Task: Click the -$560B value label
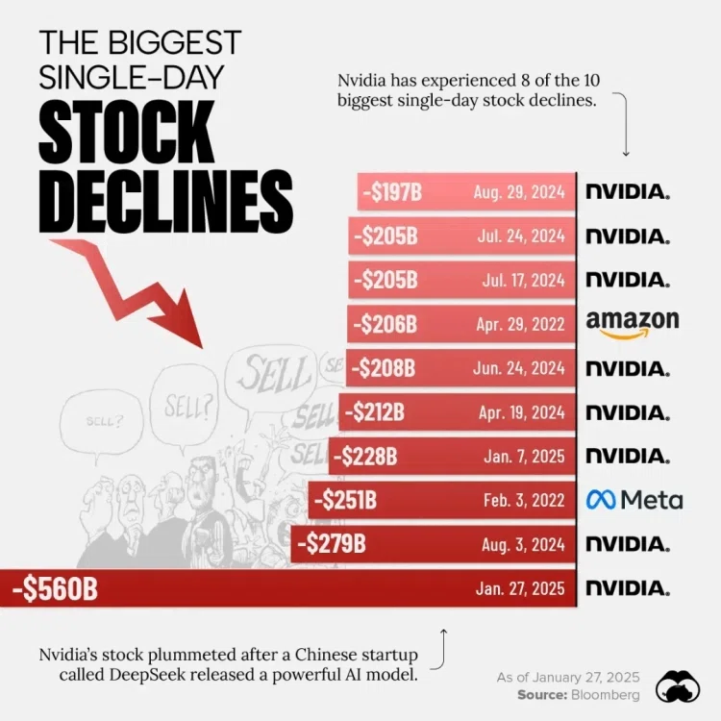tap(55, 589)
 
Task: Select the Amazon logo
tap(633, 325)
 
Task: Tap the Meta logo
tap(634, 500)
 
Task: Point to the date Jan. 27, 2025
tap(520, 588)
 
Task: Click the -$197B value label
tap(392, 191)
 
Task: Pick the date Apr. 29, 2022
tap(520, 325)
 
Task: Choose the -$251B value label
tap(345, 500)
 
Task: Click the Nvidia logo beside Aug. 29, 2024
tap(628, 191)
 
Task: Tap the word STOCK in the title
tap(127, 131)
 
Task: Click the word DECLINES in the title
tap(166, 201)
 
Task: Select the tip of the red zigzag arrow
tap(202, 347)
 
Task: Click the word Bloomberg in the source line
tap(605, 694)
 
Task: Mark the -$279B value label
tap(332, 544)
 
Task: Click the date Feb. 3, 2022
tap(524, 500)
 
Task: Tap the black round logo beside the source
tap(678, 686)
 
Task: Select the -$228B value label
tap(365, 457)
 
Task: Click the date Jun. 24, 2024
tap(519, 368)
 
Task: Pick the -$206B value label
tap(385, 325)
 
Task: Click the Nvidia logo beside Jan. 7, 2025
tap(628, 456)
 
